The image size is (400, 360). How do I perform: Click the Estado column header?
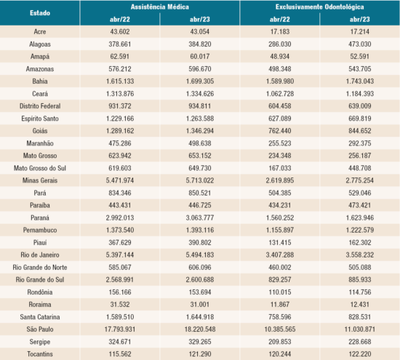(x=40, y=13)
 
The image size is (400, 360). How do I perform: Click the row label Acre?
(x=40, y=33)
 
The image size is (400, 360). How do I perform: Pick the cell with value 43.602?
(x=119, y=33)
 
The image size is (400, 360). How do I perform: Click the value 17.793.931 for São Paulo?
(x=119, y=329)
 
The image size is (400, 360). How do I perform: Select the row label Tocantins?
(x=40, y=353)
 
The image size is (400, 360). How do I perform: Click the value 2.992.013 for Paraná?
(x=119, y=217)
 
